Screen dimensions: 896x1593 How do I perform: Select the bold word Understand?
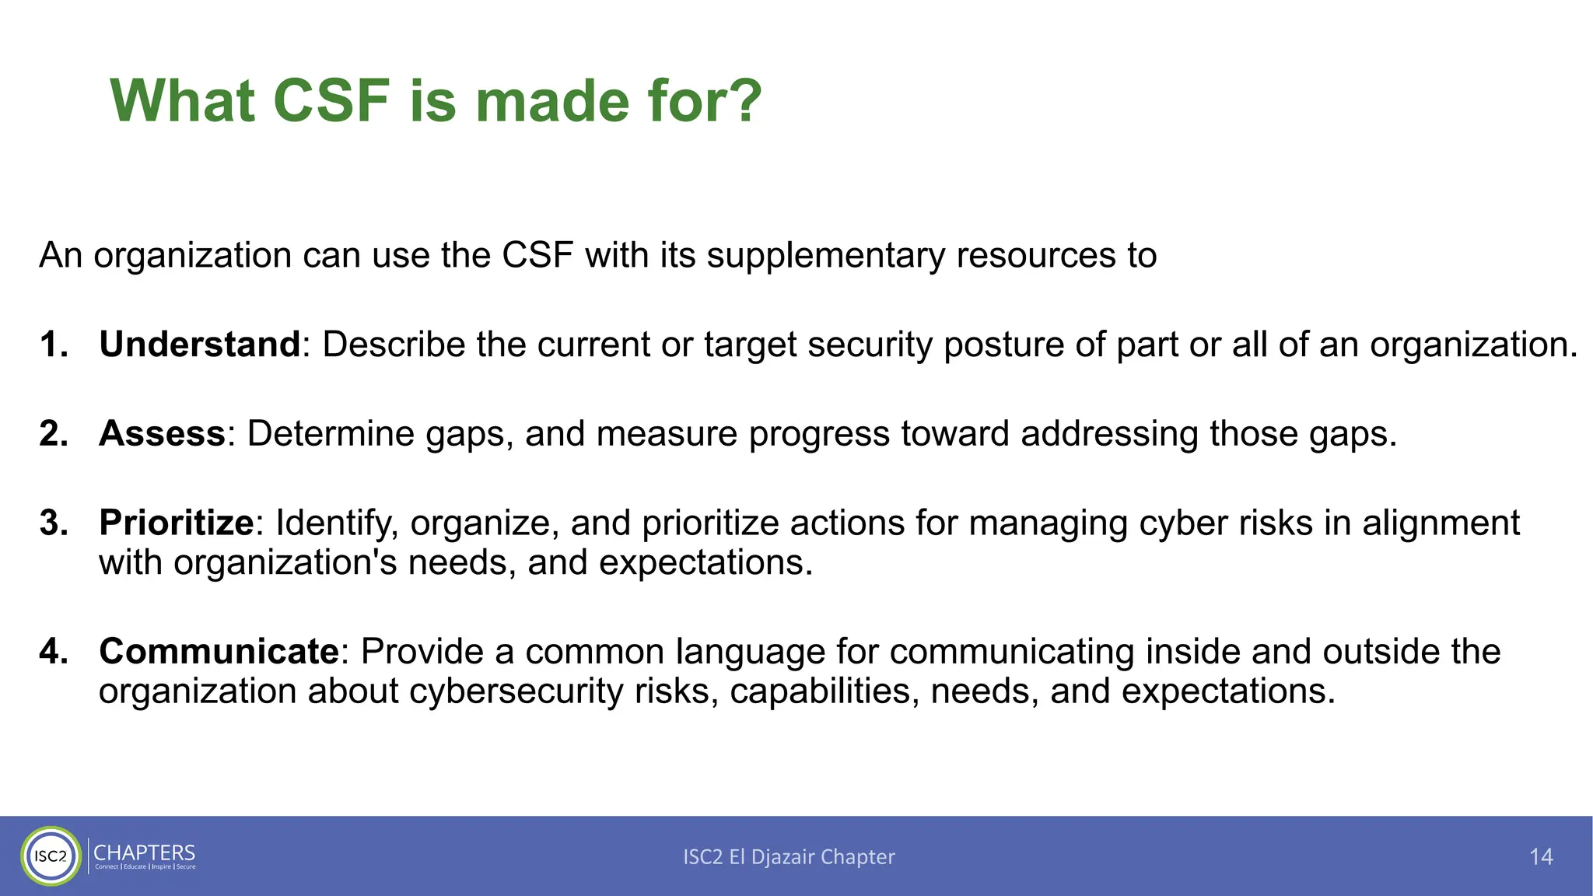[200, 345]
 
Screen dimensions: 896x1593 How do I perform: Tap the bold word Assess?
[162, 434]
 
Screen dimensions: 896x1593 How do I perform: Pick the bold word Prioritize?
[177, 523]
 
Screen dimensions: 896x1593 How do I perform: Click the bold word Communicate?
[219, 652]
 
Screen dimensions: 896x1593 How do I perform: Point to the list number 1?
[53, 345]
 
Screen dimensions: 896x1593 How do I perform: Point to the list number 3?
[53, 523]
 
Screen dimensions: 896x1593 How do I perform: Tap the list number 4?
[53, 652]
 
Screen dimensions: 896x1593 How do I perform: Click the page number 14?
[1540, 856]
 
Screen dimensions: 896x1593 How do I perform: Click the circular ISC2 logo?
[51, 856]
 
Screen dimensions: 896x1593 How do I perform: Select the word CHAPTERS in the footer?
[145, 852]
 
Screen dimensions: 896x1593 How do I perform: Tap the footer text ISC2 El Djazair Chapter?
[789, 856]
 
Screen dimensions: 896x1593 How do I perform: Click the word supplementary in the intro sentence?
[825, 256]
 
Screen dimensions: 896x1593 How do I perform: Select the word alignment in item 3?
[1441, 523]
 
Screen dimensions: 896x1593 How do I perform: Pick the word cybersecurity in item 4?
[516, 691]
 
